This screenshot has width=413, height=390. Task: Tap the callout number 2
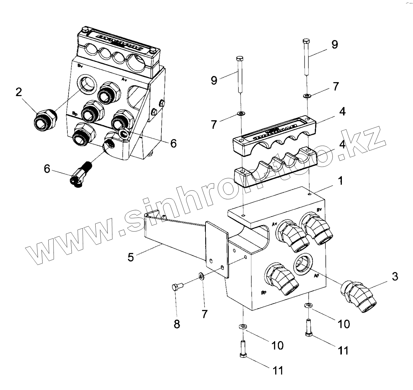coord(19,92)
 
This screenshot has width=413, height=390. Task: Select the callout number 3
coord(395,277)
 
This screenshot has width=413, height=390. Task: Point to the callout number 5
coord(131,257)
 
